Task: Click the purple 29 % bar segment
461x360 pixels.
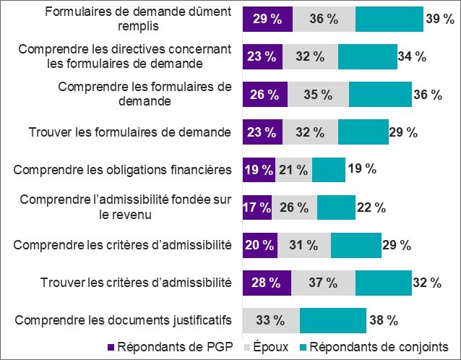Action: pyautogui.click(x=267, y=19)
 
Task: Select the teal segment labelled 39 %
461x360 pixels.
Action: pyautogui.click(x=389, y=19)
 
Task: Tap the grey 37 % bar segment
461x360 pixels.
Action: pyautogui.click(x=323, y=282)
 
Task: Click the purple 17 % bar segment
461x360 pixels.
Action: pyautogui.click(x=257, y=207)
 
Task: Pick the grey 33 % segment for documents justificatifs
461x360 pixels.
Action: pyautogui.click(x=271, y=320)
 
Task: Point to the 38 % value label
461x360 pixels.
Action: pyautogui.click(x=383, y=320)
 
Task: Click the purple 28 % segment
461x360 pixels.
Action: pyautogui.click(x=267, y=282)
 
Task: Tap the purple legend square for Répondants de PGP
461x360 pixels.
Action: pyautogui.click(x=111, y=346)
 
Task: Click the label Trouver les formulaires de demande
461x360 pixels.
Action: pyautogui.click(x=129, y=132)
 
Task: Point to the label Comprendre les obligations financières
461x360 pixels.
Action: pyautogui.click(x=123, y=169)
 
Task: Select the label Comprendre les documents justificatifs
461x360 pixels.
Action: pyautogui.click(x=123, y=320)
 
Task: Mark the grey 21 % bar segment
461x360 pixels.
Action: pyautogui.click(x=293, y=169)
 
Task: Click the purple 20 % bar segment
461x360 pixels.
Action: pyautogui.click(x=260, y=244)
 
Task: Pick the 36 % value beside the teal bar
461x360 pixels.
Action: pyautogui.click(x=427, y=94)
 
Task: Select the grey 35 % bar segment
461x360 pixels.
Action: pyautogui.click(x=318, y=94)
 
